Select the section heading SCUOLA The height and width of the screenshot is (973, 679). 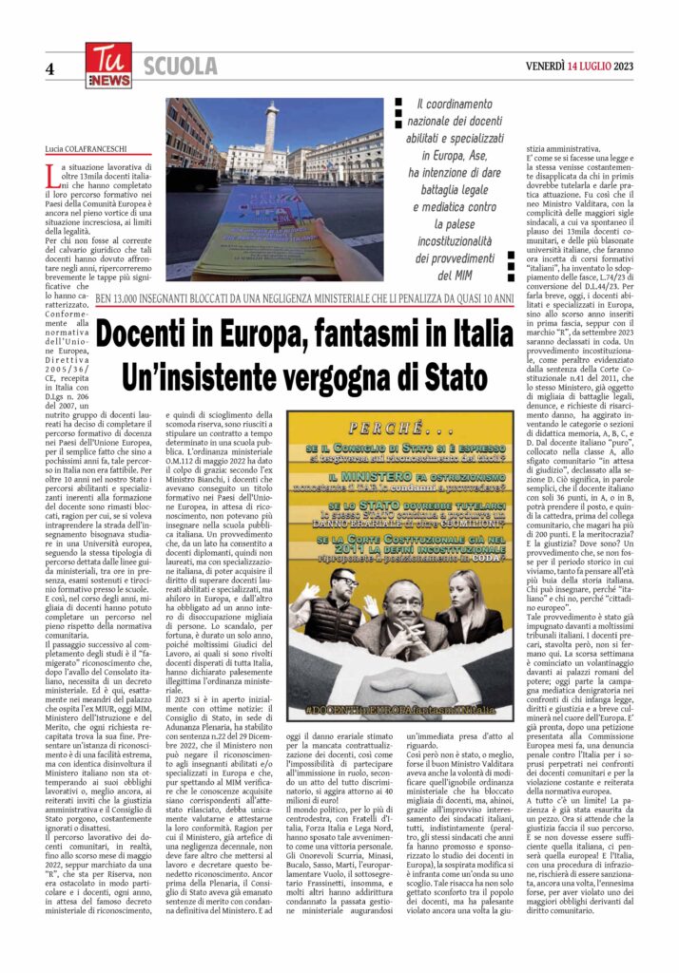(181, 66)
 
